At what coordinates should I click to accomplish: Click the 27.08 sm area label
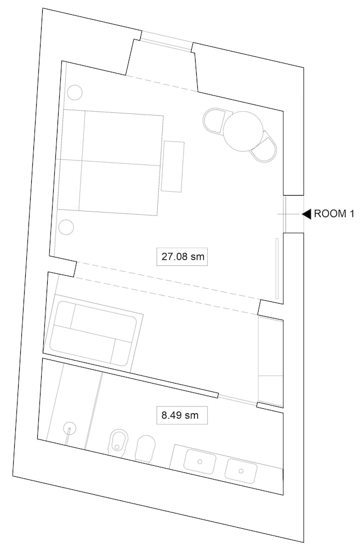(182, 257)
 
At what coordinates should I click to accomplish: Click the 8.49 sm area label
(180, 415)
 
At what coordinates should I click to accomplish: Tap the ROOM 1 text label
(334, 214)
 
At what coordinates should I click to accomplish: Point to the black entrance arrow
(306, 214)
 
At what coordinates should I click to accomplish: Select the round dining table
(244, 132)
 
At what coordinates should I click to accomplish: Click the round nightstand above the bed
(75, 93)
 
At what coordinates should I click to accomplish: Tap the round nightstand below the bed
(66, 227)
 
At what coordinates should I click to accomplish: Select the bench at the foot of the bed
(173, 167)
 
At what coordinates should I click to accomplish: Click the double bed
(110, 162)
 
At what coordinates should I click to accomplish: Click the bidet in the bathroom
(118, 441)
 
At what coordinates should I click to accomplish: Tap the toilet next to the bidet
(145, 449)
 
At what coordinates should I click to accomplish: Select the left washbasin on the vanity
(199, 461)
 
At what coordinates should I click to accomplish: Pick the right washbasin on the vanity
(241, 471)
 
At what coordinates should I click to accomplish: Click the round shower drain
(69, 428)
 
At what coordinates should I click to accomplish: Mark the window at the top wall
(167, 41)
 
